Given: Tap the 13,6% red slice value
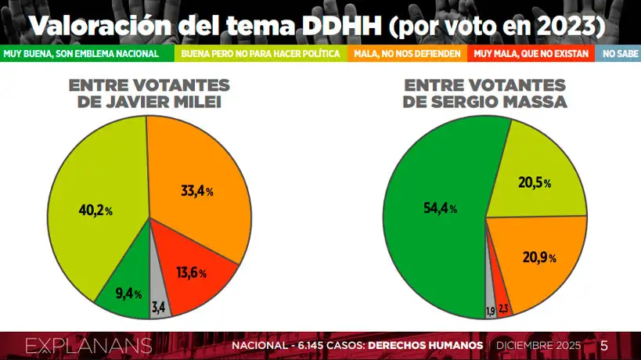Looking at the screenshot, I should click(x=192, y=273).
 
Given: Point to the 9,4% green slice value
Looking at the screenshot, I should click(x=126, y=294).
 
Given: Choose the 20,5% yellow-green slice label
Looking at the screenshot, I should click(x=535, y=183).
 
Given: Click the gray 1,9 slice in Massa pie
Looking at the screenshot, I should click(x=491, y=311).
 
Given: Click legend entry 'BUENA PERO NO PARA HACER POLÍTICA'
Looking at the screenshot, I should click(x=261, y=54).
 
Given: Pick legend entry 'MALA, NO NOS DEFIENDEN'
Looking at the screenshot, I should click(x=409, y=54).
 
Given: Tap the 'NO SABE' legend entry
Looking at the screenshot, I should click(x=618, y=54).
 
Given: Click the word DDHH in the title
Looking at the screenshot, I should click(x=342, y=26).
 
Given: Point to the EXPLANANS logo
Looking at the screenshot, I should click(x=88, y=346).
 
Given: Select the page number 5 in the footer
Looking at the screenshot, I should click(x=603, y=346).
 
